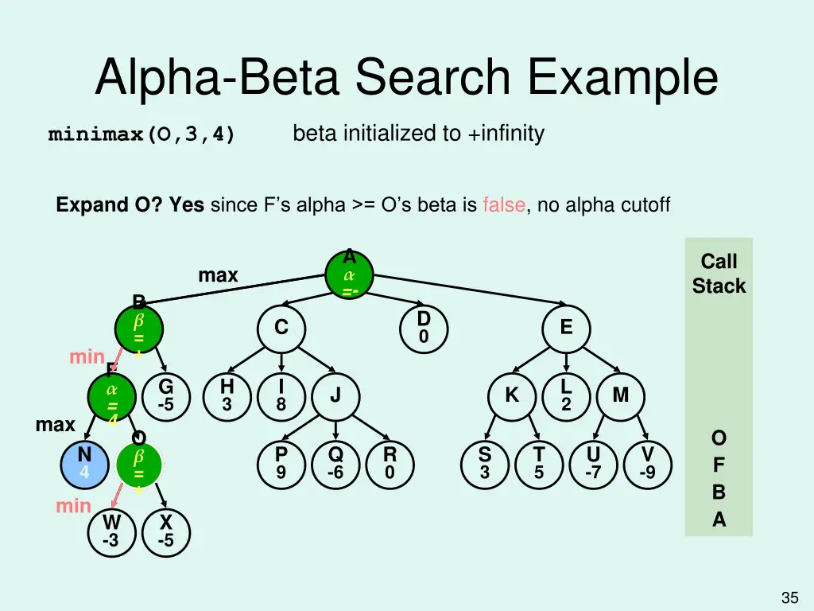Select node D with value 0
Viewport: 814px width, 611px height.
coord(424,328)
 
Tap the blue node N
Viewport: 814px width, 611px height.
coord(84,464)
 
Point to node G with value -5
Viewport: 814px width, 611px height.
coord(165,395)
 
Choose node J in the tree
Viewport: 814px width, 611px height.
coord(335,395)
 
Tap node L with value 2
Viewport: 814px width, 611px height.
coord(566,395)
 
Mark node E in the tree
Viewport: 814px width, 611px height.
coord(566,328)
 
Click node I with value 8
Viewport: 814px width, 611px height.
coord(281,395)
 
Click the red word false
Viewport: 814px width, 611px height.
coord(503,205)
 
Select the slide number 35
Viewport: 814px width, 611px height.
coord(789,597)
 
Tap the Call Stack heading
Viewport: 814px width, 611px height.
coord(719,274)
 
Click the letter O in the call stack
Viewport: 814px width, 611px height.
coord(719,438)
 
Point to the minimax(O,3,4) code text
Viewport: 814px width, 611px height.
coord(141,134)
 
